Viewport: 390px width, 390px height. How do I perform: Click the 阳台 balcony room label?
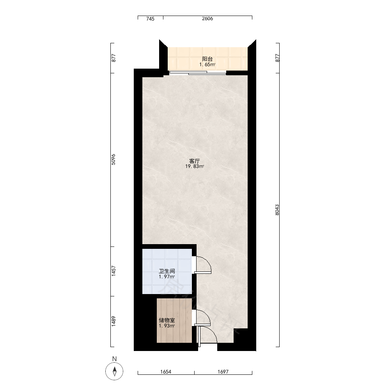pyautogui.click(x=207, y=59)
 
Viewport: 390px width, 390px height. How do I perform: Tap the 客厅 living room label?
pyautogui.click(x=195, y=161)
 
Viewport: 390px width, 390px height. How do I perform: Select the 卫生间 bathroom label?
pyautogui.click(x=167, y=271)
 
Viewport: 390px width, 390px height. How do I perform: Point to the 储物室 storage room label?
pyautogui.click(x=167, y=320)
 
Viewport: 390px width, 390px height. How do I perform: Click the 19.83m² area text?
pyautogui.click(x=195, y=167)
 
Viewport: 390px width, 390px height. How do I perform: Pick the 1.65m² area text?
pyautogui.click(x=207, y=65)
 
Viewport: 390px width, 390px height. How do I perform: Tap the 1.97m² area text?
pyautogui.click(x=167, y=277)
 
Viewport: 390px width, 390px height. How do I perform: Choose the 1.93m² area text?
pyautogui.click(x=167, y=326)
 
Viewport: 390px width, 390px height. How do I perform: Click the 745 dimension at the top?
pyautogui.click(x=150, y=19)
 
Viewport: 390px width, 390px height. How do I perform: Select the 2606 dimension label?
pyautogui.click(x=207, y=19)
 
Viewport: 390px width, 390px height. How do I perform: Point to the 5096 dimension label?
pyautogui.click(x=113, y=160)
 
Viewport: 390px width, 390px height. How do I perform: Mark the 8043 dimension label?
pyautogui.click(x=277, y=210)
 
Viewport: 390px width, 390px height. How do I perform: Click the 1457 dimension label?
pyautogui.click(x=113, y=271)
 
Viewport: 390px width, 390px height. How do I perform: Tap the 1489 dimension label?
pyautogui.click(x=113, y=321)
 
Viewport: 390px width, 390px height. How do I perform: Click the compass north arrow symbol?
pyautogui.click(x=114, y=371)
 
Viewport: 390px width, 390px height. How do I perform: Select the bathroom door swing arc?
pyautogui.click(x=207, y=261)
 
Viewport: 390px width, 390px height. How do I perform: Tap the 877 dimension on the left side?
pyautogui.click(x=113, y=58)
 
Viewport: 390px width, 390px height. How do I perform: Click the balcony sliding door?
pyautogui.click(x=198, y=73)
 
